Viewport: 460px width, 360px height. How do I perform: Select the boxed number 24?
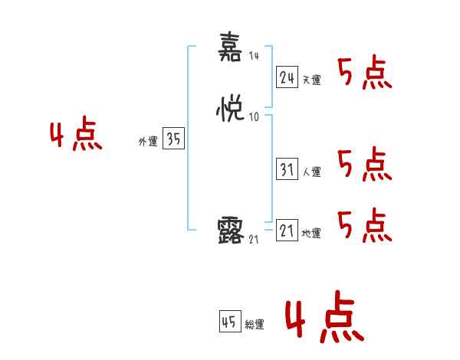287,77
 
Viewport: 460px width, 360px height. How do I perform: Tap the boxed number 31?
287,170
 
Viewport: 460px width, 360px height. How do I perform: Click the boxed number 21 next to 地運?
287,231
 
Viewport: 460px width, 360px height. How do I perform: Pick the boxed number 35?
173,139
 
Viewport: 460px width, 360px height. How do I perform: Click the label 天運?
311,80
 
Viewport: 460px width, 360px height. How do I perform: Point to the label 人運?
311,172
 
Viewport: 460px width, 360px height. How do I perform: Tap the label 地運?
311,234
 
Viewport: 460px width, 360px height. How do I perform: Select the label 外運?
147,141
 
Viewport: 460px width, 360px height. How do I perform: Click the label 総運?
254,325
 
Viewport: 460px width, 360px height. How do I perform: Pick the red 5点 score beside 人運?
365,165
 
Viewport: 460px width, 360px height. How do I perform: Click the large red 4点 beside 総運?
324,319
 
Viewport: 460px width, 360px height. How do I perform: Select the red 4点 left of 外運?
76,136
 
